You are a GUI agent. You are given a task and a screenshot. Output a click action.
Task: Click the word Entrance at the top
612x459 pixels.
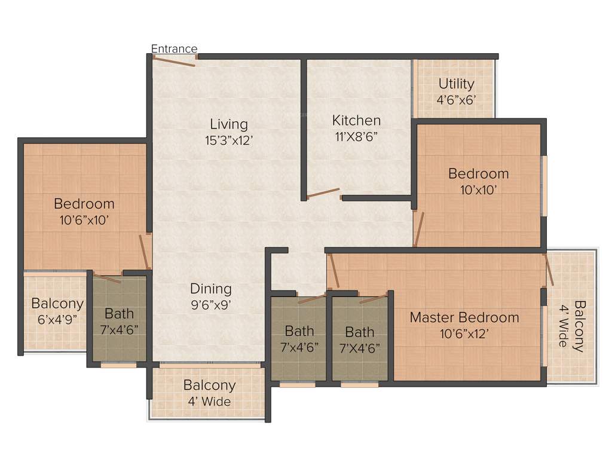click(x=174, y=48)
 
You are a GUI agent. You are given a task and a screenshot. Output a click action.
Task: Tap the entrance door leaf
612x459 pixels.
click(x=174, y=61)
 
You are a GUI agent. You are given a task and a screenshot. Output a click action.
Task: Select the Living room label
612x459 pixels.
click(x=228, y=124)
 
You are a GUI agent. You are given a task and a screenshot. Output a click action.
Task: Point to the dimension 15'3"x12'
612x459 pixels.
click(x=228, y=141)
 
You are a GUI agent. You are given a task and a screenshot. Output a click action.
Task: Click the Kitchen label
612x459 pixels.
click(x=356, y=120)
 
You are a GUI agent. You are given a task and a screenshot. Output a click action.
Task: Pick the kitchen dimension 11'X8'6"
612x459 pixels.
click(x=356, y=136)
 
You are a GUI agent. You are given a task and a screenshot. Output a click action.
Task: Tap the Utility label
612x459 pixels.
click(x=456, y=84)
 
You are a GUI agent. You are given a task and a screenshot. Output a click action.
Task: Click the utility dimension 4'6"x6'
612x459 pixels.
click(x=456, y=100)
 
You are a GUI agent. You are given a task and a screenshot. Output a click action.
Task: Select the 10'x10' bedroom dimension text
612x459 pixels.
click(x=478, y=190)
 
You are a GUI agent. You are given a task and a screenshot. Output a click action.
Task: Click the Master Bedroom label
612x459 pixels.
click(x=464, y=317)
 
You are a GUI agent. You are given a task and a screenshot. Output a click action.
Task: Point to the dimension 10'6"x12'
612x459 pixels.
click(x=464, y=333)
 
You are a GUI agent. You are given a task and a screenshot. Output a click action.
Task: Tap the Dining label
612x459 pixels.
click(x=211, y=289)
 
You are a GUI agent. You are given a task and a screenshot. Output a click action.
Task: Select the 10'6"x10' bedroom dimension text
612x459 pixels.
click(x=84, y=220)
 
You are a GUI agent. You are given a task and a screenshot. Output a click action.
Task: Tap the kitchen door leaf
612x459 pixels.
click(x=323, y=193)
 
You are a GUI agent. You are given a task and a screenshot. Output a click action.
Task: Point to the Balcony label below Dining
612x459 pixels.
click(x=209, y=385)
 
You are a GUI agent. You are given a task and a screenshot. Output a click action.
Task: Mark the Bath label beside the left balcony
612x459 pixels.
click(x=120, y=313)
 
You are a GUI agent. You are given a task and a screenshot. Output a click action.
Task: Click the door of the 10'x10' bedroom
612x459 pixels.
click(x=419, y=229)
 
